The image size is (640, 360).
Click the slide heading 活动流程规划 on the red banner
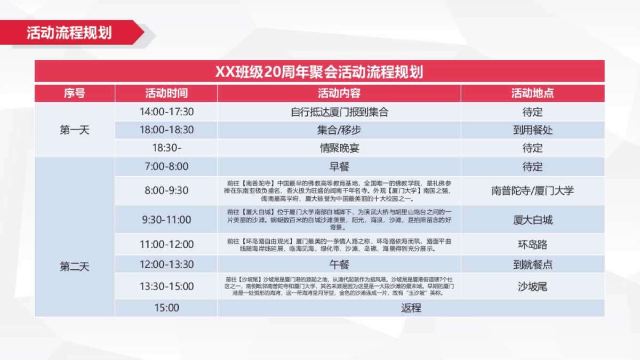(69, 33)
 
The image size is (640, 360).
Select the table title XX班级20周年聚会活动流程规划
(319, 71)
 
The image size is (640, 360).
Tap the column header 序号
(75, 93)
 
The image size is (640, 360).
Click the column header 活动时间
(166, 93)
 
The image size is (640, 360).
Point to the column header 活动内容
(339, 93)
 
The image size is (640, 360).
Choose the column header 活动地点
(532, 93)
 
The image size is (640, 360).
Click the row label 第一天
(75, 130)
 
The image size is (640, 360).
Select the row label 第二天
(75, 267)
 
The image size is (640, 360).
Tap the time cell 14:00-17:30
(166, 112)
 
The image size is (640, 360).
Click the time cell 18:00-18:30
(166, 130)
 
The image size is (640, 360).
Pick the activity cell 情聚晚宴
(339, 148)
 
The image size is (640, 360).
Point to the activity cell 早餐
(339, 166)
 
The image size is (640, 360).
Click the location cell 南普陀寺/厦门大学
(532, 190)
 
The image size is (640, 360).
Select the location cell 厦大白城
(532, 220)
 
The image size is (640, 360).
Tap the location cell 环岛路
(532, 245)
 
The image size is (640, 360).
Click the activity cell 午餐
(339, 265)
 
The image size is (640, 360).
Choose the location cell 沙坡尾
(532, 286)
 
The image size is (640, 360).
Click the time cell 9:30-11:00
(166, 220)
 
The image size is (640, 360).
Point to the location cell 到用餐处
(532, 130)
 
